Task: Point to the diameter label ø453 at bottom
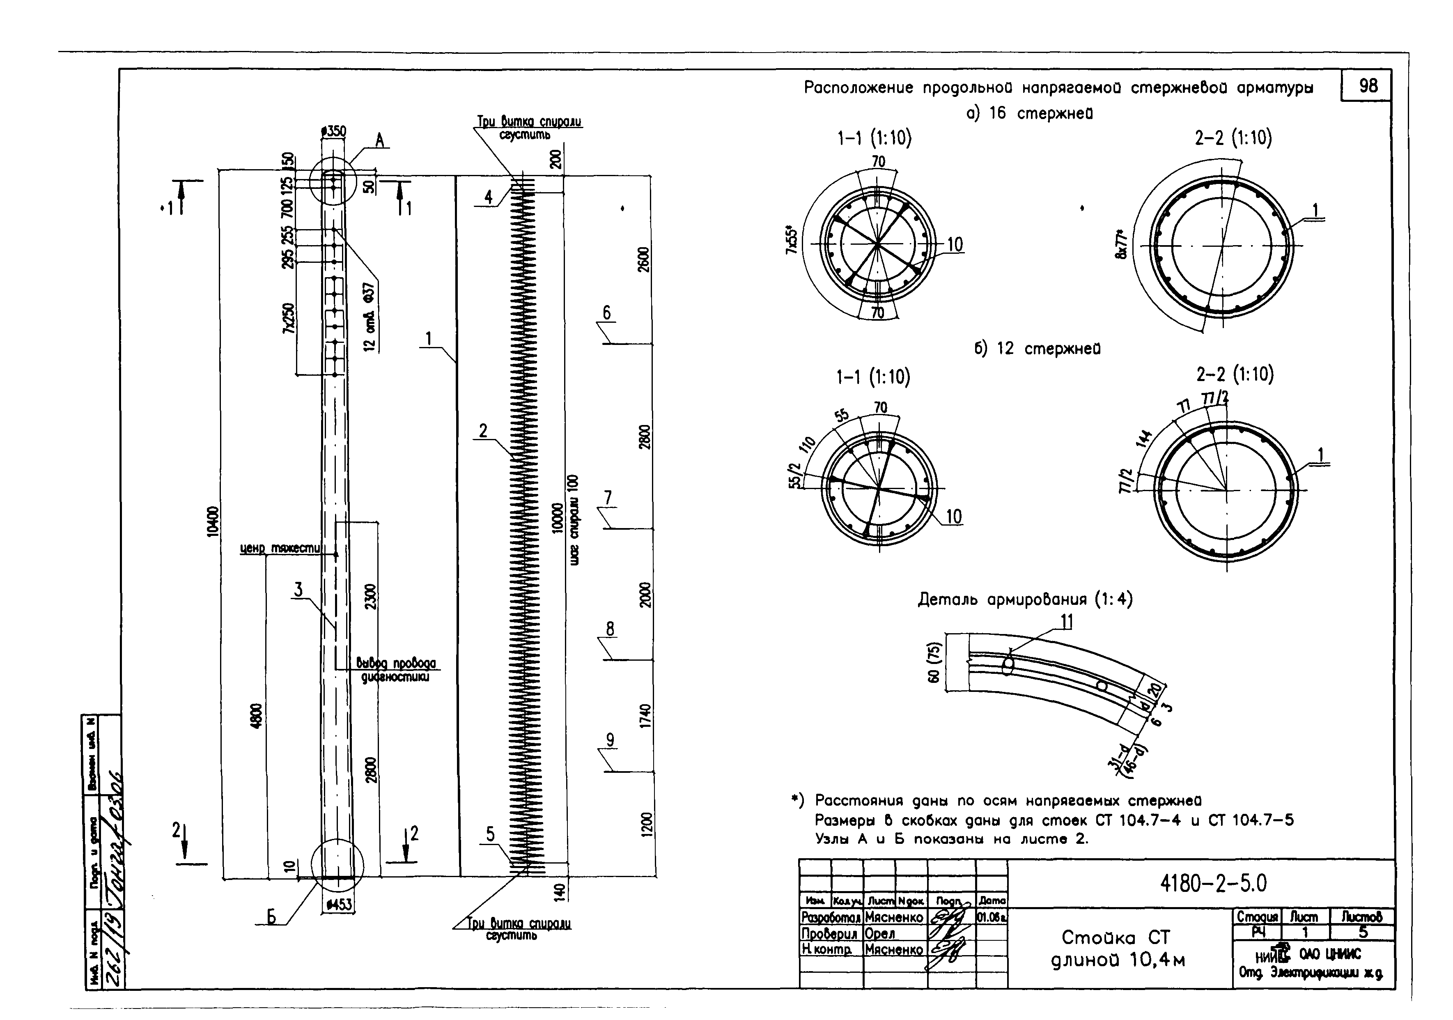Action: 339,905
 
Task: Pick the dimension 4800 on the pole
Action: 256,716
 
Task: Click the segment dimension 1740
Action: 645,716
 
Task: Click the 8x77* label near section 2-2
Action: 1121,244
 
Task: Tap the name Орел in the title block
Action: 880,934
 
